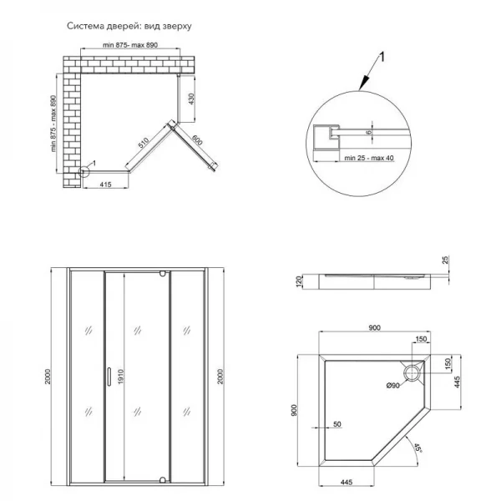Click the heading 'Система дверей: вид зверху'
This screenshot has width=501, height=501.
pyautogui.click(x=129, y=26)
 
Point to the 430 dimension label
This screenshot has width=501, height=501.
pyautogui.click(x=191, y=98)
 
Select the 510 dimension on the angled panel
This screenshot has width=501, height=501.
pyautogui.click(x=144, y=144)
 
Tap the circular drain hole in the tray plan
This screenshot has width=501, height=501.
pyautogui.click(x=411, y=371)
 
